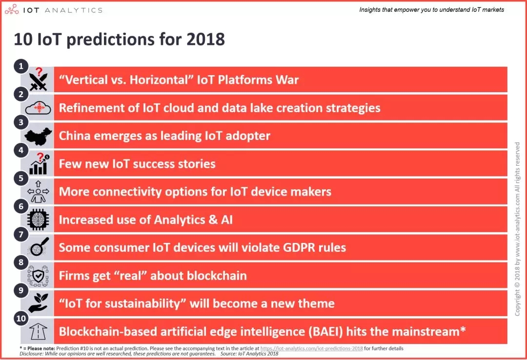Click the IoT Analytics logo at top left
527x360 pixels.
tap(57, 10)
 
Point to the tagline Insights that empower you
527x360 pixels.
tap(431, 10)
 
